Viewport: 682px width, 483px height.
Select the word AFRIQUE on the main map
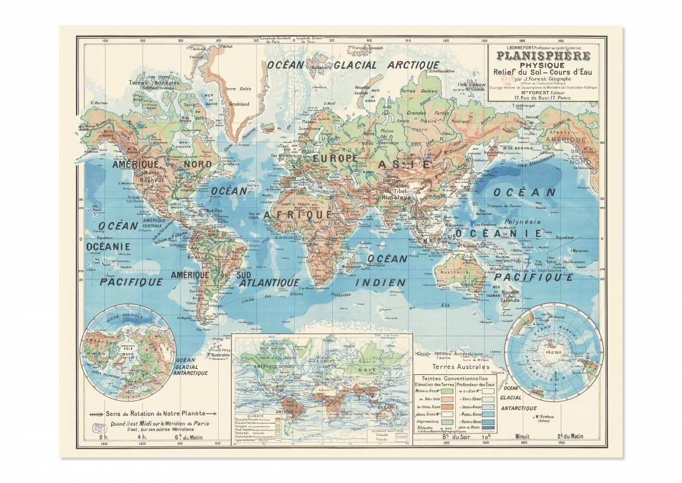(306, 214)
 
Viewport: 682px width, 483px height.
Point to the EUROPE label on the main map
(335, 158)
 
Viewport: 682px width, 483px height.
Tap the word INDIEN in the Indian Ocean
(380, 282)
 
